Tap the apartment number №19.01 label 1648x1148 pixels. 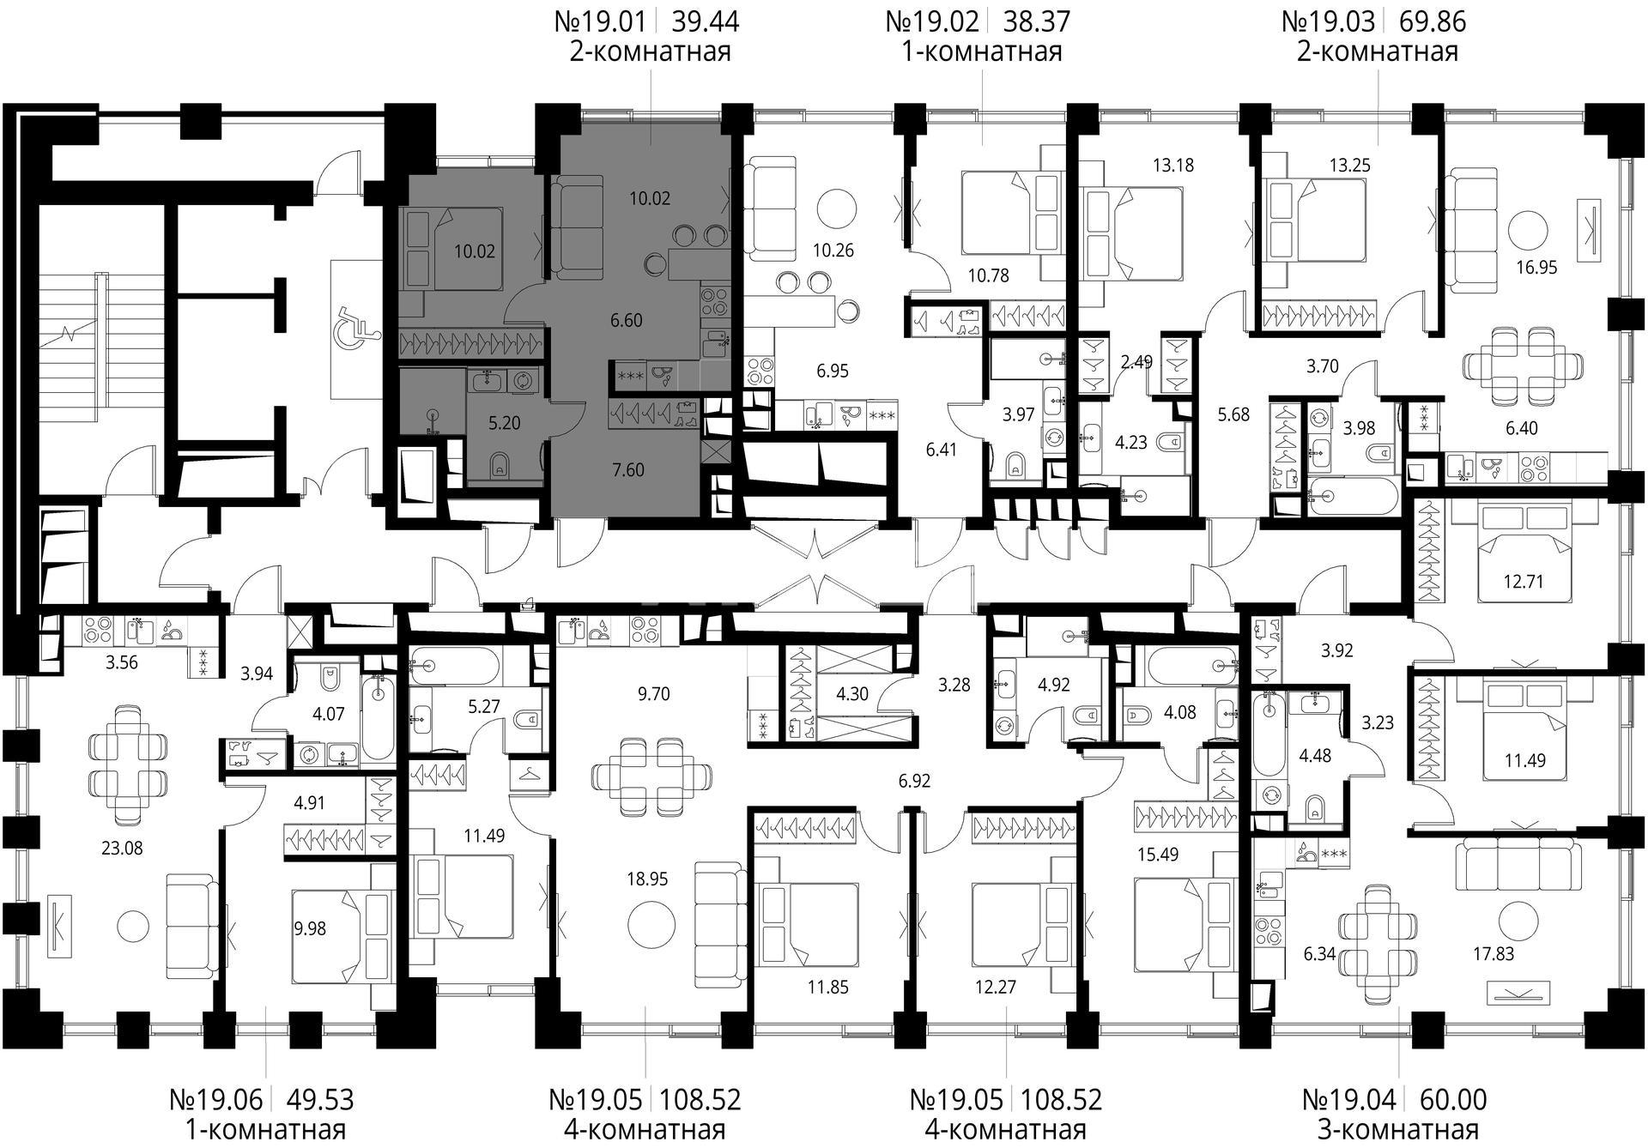click(x=599, y=21)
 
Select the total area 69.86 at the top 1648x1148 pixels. click(x=1433, y=21)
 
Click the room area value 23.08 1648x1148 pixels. click(x=123, y=848)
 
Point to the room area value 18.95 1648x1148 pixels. click(x=647, y=879)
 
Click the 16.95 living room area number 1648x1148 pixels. click(x=1536, y=267)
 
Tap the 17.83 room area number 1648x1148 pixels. click(x=1493, y=953)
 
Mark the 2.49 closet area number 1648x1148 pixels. click(x=1136, y=362)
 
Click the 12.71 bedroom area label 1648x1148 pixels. click(x=1524, y=582)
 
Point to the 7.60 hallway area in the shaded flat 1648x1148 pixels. click(x=628, y=469)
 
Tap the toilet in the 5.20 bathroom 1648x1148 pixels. click(x=500, y=466)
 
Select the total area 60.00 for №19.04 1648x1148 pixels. click(x=1454, y=1099)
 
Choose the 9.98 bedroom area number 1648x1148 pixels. click(x=309, y=928)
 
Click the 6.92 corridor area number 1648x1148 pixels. click(x=914, y=781)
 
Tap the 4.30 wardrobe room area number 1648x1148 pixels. click(x=852, y=694)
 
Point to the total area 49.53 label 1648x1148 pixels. click(x=320, y=1099)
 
